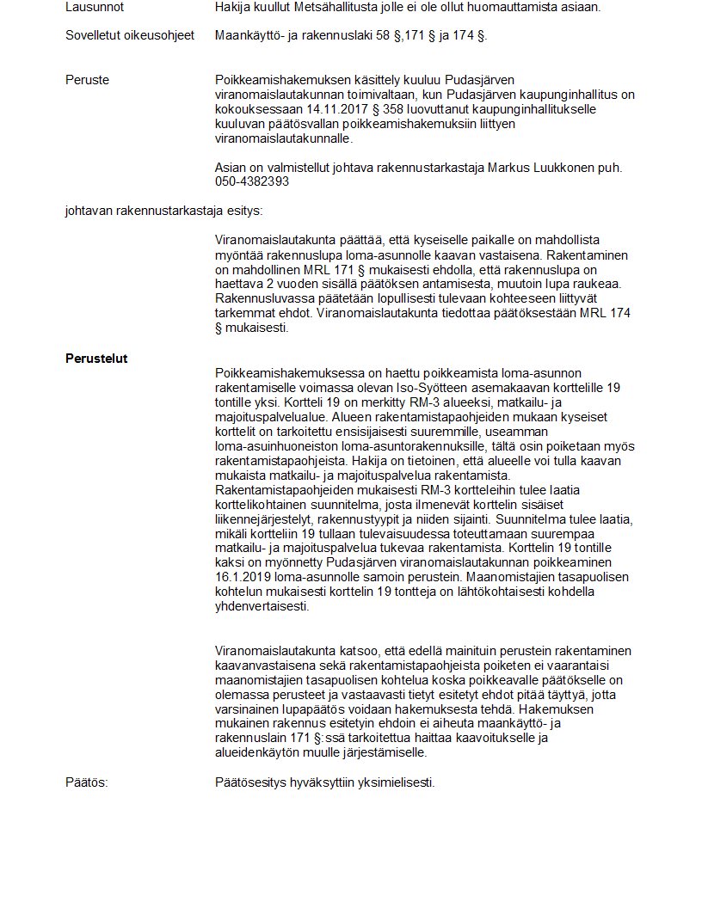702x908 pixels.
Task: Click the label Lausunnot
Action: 95,7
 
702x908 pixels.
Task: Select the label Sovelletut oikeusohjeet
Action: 130,35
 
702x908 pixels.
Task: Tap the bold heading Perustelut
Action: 96,359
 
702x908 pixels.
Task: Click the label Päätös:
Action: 87,782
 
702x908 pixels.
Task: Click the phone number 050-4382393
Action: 252,181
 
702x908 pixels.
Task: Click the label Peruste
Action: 87,80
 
